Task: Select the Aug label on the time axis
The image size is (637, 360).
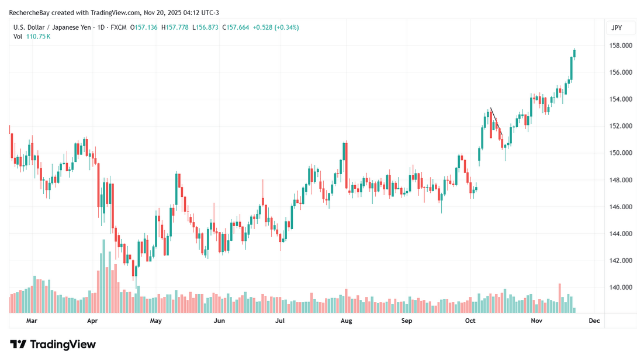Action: pyautogui.click(x=345, y=321)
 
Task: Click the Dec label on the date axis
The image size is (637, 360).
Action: pyautogui.click(x=594, y=321)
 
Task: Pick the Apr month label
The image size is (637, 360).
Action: pyautogui.click(x=92, y=321)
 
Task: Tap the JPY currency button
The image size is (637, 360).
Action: pyautogui.click(x=617, y=27)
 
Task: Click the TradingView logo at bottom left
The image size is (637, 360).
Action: pyautogui.click(x=53, y=344)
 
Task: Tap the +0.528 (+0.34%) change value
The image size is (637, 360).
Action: pyautogui.click(x=275, y=27)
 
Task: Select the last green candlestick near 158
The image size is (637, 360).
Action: pyautogui.click(x=575, y=54)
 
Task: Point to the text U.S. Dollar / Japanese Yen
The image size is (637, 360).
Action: pyautogui.click(x=51, y=27)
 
